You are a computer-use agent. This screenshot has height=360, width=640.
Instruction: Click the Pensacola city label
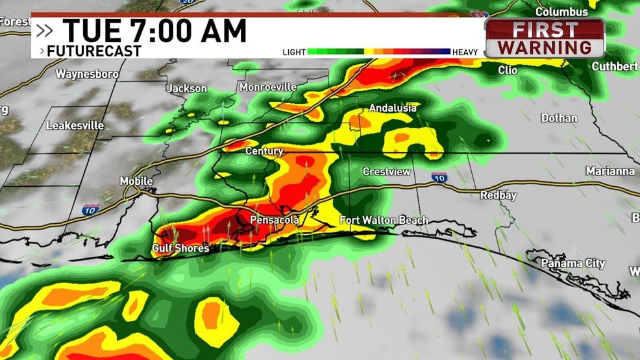tap(275, 221)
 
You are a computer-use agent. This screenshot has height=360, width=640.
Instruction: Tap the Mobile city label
tap(136, 181)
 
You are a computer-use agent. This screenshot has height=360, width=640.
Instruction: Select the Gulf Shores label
tap(180, 248)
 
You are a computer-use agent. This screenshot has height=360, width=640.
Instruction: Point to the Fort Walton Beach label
tap(384, 221)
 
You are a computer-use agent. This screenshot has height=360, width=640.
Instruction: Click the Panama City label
tap(574, 263)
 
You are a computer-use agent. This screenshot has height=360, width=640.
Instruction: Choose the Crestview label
tap(386, 172)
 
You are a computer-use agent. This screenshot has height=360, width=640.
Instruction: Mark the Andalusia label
tap(393, 108)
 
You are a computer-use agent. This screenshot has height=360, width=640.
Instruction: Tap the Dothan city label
tap(559, 118)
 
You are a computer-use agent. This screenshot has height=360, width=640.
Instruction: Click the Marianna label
tap(609, 171)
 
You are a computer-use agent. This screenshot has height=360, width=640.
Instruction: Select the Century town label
tap(264, 151)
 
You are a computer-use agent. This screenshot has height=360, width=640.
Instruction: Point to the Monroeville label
tap(267, 87)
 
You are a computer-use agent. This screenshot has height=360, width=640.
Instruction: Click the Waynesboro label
tap(87, 74)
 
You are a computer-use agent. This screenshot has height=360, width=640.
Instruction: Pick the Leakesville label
tap(75, 125)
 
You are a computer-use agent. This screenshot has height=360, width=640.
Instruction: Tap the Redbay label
tap(498, 195)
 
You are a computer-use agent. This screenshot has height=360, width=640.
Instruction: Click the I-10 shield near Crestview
tap(439, 177)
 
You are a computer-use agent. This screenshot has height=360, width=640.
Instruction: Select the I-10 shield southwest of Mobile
tap(91, 209)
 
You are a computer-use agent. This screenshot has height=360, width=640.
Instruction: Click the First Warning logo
tap(545, 38)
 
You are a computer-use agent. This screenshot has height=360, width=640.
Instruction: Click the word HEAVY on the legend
tap(465, 53)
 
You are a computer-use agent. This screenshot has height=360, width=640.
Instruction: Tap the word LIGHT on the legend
tap(293, 53)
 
